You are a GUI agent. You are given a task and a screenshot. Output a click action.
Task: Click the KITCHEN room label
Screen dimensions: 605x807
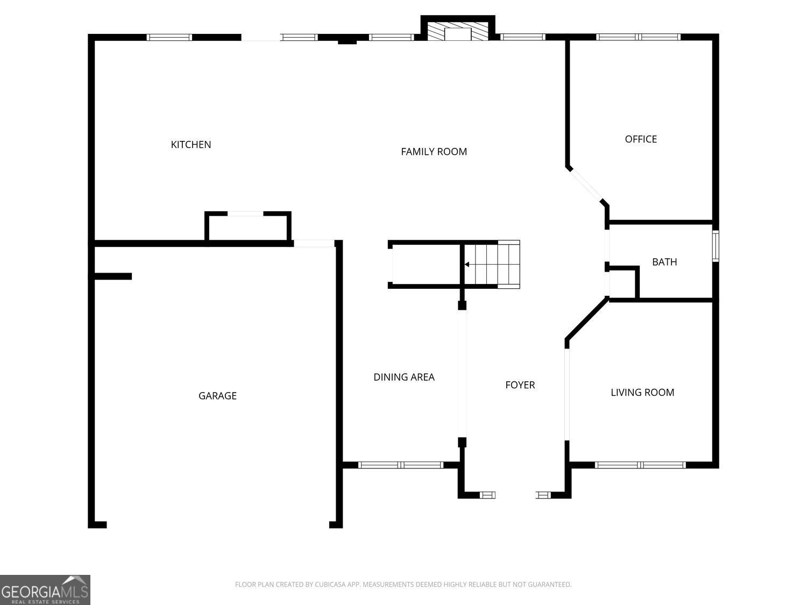coord(190,144)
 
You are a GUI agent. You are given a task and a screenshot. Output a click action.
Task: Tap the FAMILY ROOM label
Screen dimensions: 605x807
coord(434,152)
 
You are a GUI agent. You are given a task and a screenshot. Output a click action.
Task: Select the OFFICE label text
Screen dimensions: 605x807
coord(640,139)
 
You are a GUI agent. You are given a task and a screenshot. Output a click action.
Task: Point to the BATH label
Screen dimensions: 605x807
coord(664,262)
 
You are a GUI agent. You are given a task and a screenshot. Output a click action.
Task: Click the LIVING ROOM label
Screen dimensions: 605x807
coord(642,392)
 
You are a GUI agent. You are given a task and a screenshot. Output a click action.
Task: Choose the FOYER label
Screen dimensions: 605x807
coord(520,385)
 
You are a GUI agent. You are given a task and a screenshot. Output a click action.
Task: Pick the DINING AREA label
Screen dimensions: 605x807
coord(403,377)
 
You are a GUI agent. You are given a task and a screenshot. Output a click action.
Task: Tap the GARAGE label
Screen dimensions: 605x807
coord(217,396)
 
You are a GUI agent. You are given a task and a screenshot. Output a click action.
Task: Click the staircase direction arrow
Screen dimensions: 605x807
coord(467,264)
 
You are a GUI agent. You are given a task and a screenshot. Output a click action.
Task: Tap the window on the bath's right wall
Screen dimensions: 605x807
coord(716,246)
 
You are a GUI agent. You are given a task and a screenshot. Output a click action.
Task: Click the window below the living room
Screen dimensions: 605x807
coord(640,465)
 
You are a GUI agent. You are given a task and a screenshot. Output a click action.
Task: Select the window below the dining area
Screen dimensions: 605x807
coord(401,465)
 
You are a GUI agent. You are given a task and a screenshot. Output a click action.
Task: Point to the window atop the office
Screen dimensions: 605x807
coord(638,37)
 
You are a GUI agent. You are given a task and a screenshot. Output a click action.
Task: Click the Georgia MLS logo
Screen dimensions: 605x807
coord(45,590)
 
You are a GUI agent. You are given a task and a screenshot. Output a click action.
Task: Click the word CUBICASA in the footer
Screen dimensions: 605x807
coord(329,585)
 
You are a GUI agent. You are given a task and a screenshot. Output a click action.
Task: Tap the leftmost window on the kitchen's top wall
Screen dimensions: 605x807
coord(169,37)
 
